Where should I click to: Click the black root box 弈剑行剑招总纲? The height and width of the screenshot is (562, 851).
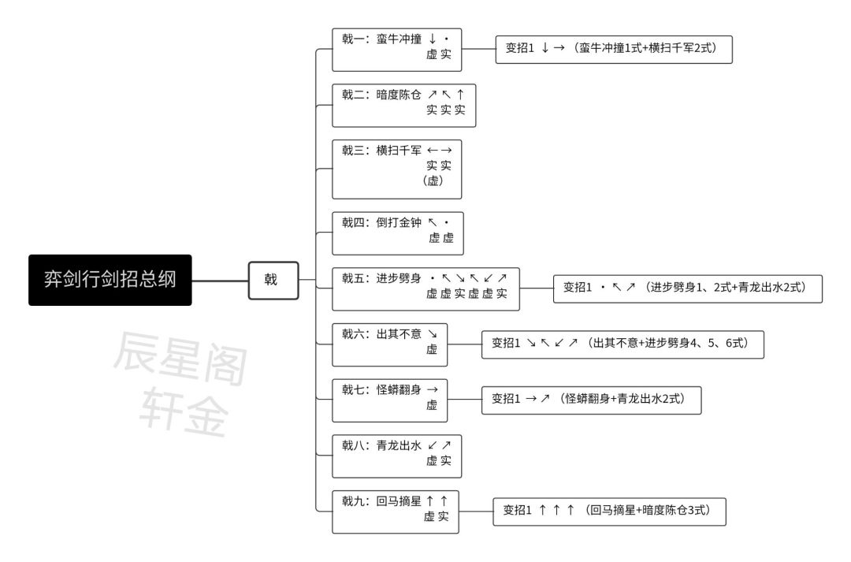pos(110,280)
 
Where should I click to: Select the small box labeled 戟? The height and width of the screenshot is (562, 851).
pos(273,280)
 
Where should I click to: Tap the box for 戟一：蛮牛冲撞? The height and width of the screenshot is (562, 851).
pos(396,50)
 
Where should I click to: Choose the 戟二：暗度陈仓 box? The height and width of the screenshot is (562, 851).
pos(403,106)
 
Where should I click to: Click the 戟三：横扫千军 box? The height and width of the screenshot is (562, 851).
pos(396,169)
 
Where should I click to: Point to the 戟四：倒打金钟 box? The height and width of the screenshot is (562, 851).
pos(398,233)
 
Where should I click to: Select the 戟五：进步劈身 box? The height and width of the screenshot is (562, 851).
pos(425,288)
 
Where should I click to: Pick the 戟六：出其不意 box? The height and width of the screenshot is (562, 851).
pos(390,344)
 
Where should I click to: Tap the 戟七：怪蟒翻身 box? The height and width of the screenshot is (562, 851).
pos(390,400)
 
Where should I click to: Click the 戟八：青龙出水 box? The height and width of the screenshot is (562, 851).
pos(396,456)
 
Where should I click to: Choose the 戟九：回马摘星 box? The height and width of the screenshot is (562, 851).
pos(395,512)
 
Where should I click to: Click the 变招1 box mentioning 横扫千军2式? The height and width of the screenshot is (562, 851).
pos(614,50)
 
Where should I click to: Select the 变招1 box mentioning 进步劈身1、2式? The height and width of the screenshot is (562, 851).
pos(688,288)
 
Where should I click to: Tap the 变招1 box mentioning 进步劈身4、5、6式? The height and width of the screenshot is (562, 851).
pos(622,344)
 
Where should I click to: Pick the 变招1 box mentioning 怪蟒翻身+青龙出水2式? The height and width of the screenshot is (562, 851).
pos(592,400)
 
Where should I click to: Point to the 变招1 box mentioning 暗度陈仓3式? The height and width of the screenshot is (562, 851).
pos(609,512)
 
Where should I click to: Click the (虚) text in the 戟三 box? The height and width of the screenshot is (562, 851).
pos(433,181)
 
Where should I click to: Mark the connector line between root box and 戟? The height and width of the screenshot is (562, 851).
pos(220,281)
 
